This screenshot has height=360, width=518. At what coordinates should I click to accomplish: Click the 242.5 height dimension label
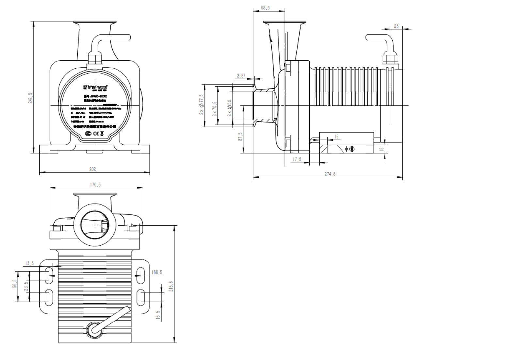point(30,98)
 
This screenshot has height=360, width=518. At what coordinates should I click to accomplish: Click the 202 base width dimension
point(92,169)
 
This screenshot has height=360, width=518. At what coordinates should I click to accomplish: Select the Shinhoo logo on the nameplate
point(95,87)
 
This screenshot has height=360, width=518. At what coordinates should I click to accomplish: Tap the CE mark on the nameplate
point(96,133)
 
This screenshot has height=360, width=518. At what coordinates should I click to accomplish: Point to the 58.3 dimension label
point(265,8)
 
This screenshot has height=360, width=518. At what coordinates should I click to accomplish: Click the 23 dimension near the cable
point(396,26)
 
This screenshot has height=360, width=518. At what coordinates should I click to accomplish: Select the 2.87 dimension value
point(241,76)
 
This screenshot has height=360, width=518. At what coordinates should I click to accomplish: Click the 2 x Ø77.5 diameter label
point(201,105)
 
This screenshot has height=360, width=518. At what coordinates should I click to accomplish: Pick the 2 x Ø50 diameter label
point(229,109)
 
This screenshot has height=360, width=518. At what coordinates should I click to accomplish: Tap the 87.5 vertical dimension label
point(240,136)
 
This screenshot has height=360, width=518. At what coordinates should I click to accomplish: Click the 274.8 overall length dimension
point(330,174)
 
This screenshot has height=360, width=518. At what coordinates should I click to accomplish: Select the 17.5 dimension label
point(297,159)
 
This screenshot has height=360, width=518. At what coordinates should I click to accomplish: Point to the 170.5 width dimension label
point(95,185)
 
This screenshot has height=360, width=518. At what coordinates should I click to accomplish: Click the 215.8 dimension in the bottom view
point(171,286)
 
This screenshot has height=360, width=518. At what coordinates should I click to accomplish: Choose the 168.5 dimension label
point(157,272)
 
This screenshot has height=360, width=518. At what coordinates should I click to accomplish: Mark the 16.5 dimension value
point(158,315)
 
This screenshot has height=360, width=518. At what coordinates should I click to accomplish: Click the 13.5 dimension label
point(29,263)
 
